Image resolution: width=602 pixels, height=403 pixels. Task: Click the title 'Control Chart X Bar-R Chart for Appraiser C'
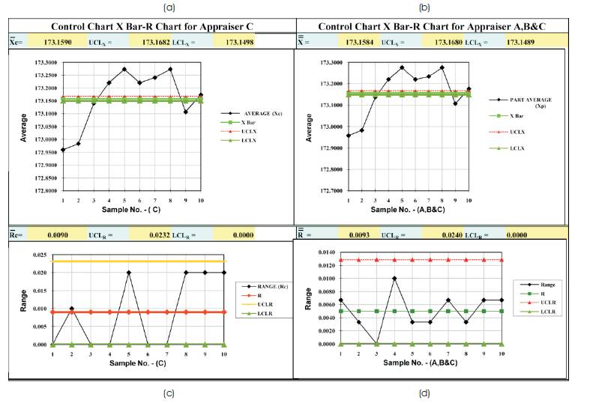152,26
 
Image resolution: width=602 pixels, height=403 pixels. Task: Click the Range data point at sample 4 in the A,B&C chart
394,278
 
